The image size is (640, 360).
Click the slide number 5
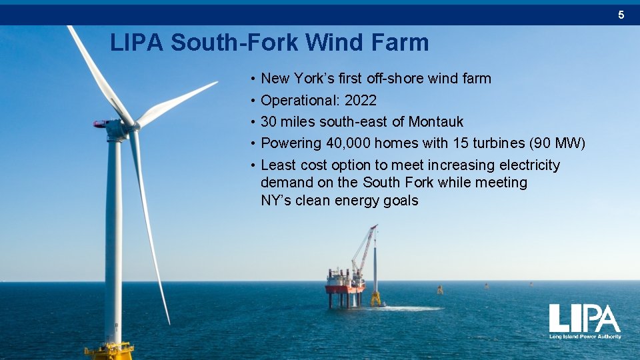621,14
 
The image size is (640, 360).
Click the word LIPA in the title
137,43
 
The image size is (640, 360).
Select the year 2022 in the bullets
361,100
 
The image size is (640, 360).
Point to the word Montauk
436,121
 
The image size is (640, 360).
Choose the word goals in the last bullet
401,200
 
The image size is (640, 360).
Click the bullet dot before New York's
253,79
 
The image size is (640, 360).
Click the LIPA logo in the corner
585,319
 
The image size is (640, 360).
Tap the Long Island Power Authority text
585,337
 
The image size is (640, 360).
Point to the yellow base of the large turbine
111,349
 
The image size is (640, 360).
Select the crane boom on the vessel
364,246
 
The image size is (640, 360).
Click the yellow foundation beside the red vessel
376,299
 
